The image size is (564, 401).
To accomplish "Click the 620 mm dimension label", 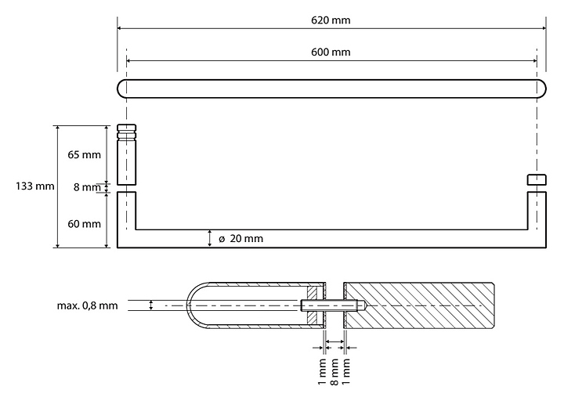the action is [331, 20].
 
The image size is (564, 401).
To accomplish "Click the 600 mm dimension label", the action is [331, 52].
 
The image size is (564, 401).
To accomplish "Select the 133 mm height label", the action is [35, 186].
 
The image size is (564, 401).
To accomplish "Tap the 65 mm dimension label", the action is [84, 155].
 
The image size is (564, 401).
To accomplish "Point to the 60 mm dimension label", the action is [84, 224].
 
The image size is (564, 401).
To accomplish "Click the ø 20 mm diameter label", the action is [241, 238].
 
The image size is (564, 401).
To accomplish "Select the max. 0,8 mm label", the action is [88, 305].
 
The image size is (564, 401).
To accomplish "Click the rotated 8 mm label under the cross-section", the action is [334, 371].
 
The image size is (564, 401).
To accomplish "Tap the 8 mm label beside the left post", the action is [87, 187].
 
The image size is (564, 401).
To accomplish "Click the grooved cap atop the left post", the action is [127, 132].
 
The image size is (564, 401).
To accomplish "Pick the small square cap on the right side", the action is [537, 180].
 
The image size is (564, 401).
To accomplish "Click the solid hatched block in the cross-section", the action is [419, 305].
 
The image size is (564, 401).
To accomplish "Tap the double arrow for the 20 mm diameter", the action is [210, 238].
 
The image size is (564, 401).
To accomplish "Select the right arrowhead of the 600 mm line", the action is [533, 61].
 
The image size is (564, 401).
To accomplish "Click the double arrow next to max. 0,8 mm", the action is [151, 305].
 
